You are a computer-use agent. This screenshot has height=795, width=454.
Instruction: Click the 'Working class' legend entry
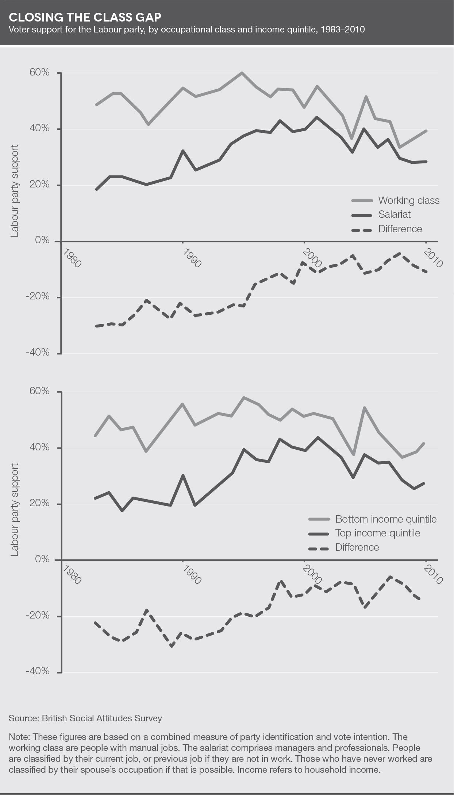(x=408, y=201)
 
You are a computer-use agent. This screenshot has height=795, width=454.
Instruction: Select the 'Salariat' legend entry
(x=394, y=214)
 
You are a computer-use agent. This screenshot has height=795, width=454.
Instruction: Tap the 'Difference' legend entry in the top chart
(x=400, y=229)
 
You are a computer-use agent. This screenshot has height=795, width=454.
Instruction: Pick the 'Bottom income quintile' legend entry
(x=385, y=519)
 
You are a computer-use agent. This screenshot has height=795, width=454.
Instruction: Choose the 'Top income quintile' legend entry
(x=377, y=533)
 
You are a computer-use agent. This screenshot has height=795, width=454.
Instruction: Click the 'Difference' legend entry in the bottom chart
(x=357, y=547)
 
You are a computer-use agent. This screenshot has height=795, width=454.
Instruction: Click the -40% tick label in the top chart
(x=38, y=353)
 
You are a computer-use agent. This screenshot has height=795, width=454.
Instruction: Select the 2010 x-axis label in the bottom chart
(x=434, y=575)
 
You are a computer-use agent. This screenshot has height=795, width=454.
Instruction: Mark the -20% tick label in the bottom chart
(x=38, y=616)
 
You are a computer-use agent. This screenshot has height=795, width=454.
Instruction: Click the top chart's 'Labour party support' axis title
(x=14, y=191)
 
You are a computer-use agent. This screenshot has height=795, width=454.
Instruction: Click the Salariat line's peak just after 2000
(x=316, y=117)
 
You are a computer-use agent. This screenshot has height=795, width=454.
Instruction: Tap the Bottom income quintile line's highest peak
(x=244, y=397)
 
